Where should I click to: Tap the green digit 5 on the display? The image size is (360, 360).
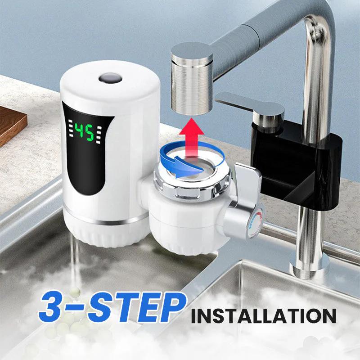tap(90, 132)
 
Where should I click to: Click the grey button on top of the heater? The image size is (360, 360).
tap(110, 78)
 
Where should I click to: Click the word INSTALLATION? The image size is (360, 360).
tap(264, 316)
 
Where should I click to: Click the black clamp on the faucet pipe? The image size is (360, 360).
tap(296, 165)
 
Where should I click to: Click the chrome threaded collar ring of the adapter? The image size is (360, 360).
tap(193, 181)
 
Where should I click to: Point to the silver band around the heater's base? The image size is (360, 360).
tap(106, 221)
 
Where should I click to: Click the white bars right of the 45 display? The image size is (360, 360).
tap(99, 135)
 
